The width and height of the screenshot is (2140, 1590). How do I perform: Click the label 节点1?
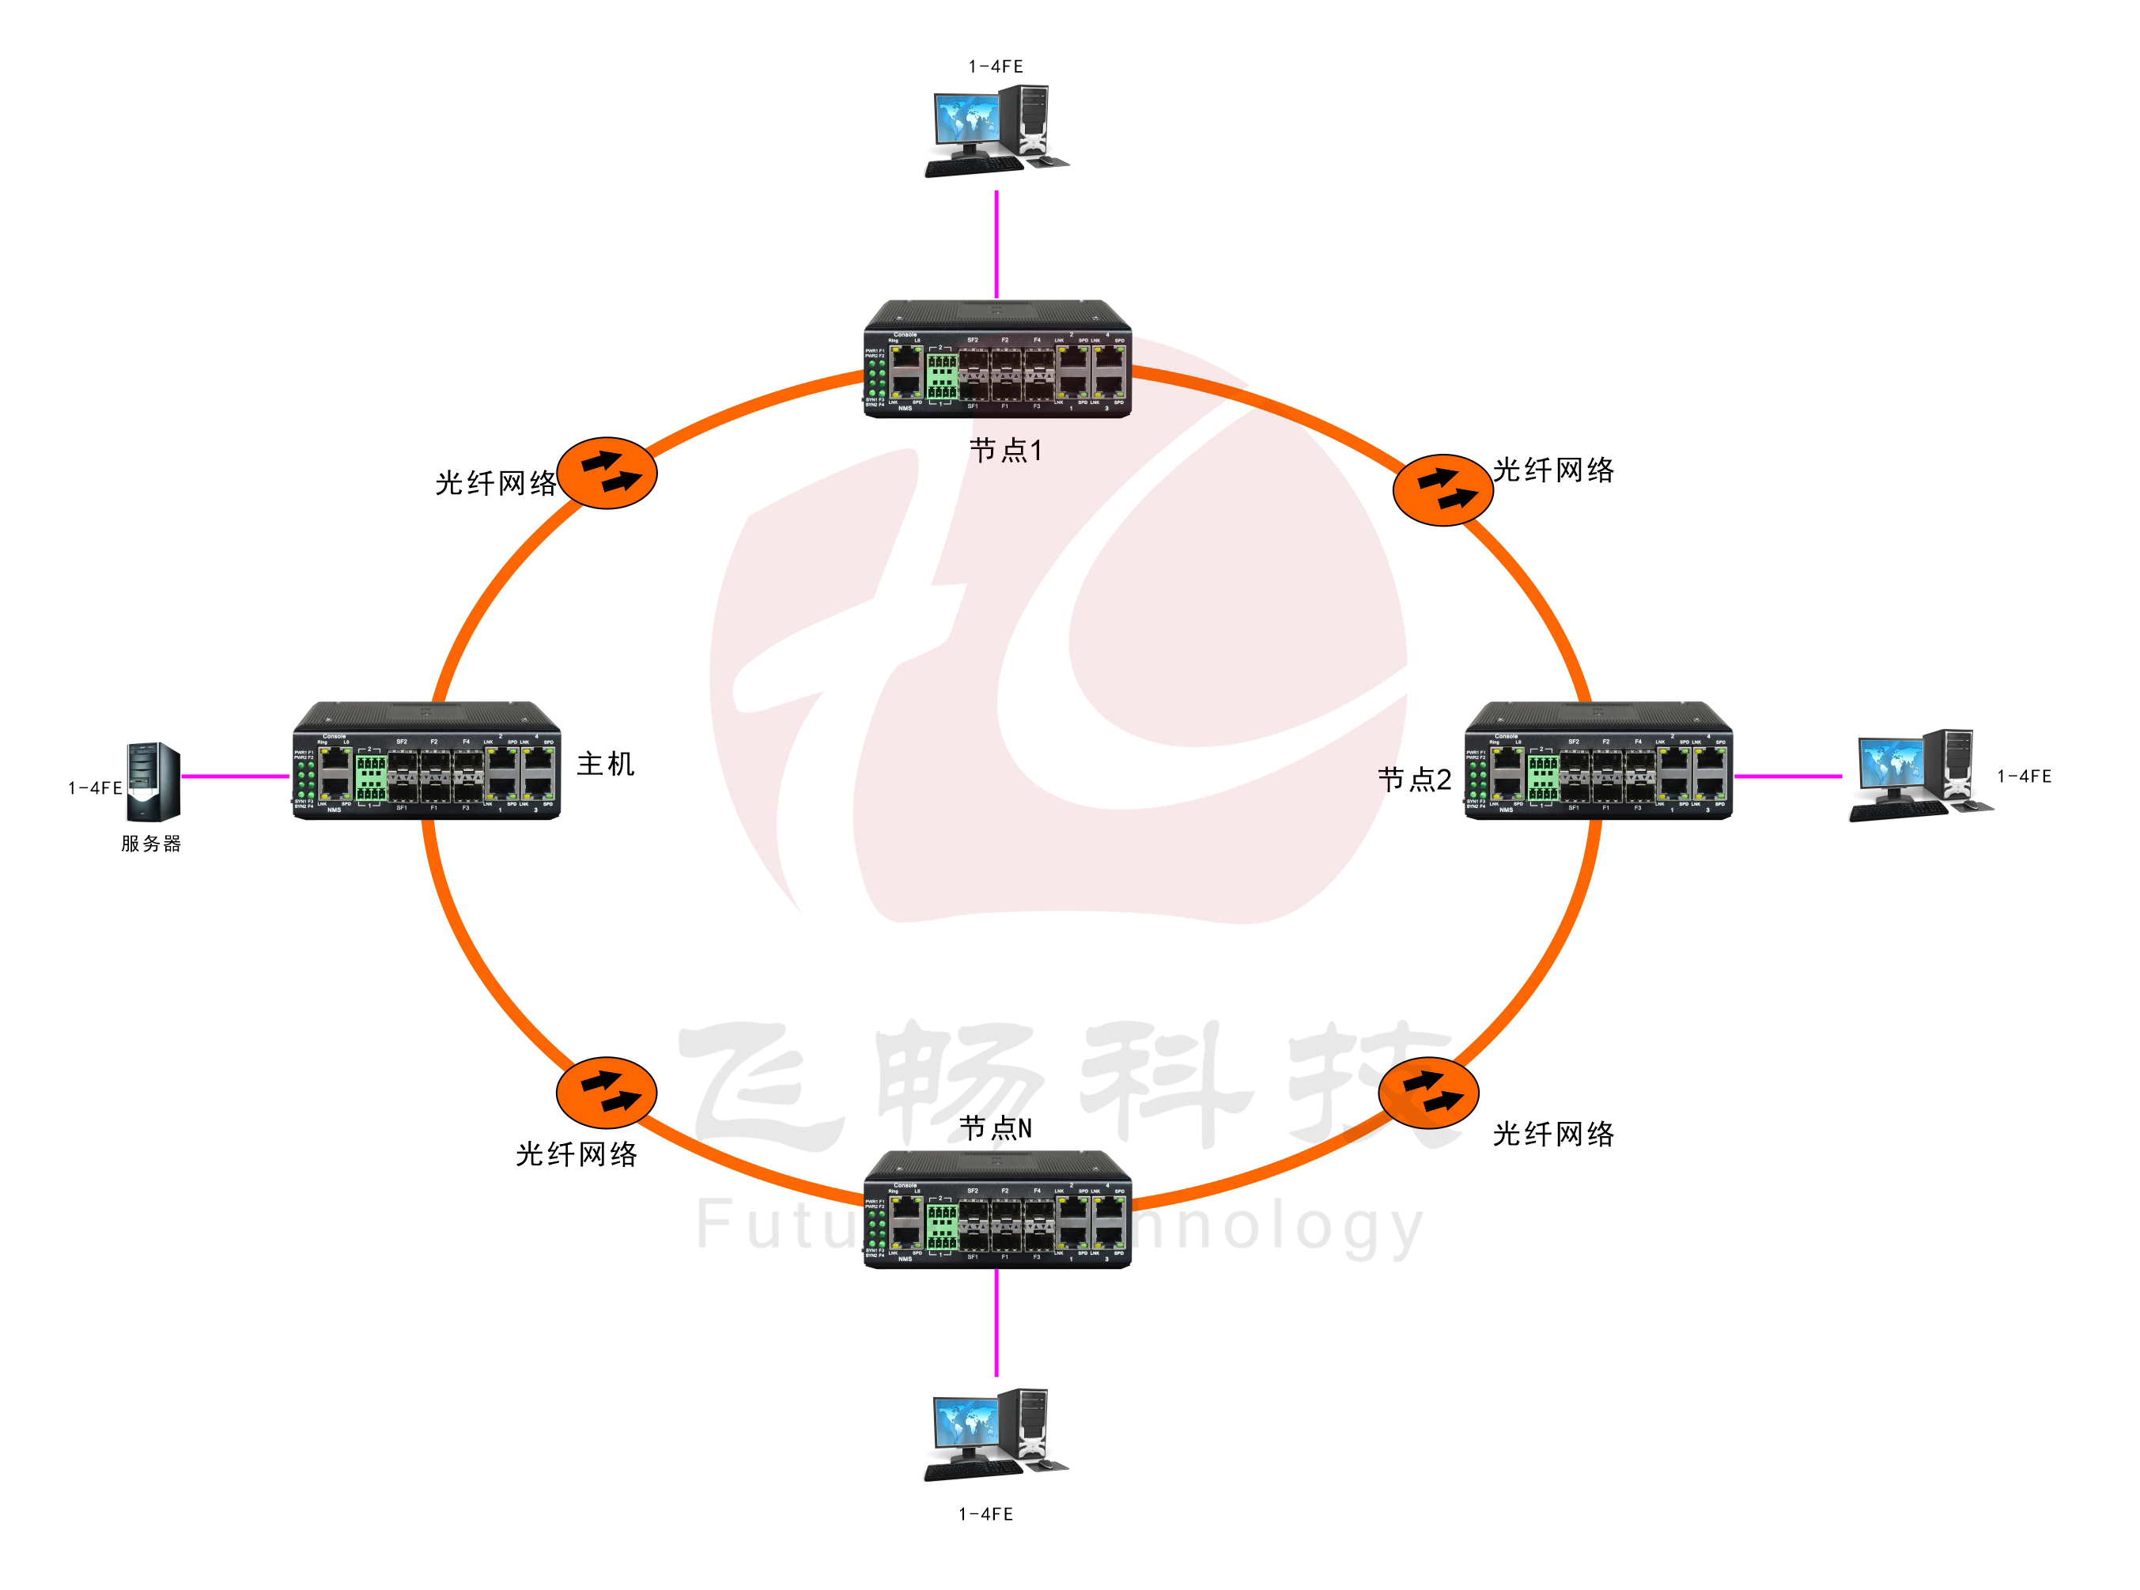coord(1005,451)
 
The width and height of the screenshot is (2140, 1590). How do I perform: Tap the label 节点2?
coord(1413,780)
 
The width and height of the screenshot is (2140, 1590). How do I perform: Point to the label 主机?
coord(604,765)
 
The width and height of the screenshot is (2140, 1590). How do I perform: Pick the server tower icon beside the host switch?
coord(153,780)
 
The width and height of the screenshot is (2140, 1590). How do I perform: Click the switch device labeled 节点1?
coord(997,359)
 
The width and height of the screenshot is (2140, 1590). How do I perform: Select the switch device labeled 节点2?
coord(1598,761)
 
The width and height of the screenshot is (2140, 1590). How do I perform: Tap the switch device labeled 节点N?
coord(997,1209)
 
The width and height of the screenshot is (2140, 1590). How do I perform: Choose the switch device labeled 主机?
coord(426,761)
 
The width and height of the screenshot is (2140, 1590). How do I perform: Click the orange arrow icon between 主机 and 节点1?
coord(607,473)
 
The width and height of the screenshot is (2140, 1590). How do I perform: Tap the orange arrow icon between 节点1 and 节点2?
coord(1442,489)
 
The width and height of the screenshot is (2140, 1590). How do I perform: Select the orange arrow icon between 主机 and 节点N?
coord(607,1093)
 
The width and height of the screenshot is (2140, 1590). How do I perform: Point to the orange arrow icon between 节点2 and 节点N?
coord(1427,1093)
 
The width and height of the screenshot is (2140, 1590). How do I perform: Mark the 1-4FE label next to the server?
coord(94,788)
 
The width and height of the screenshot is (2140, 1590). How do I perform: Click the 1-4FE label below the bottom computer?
coord(985,1514)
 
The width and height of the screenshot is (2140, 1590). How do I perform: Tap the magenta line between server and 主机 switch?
coord(236,776)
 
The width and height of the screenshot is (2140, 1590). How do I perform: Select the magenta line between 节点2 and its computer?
coord(1786,776)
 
